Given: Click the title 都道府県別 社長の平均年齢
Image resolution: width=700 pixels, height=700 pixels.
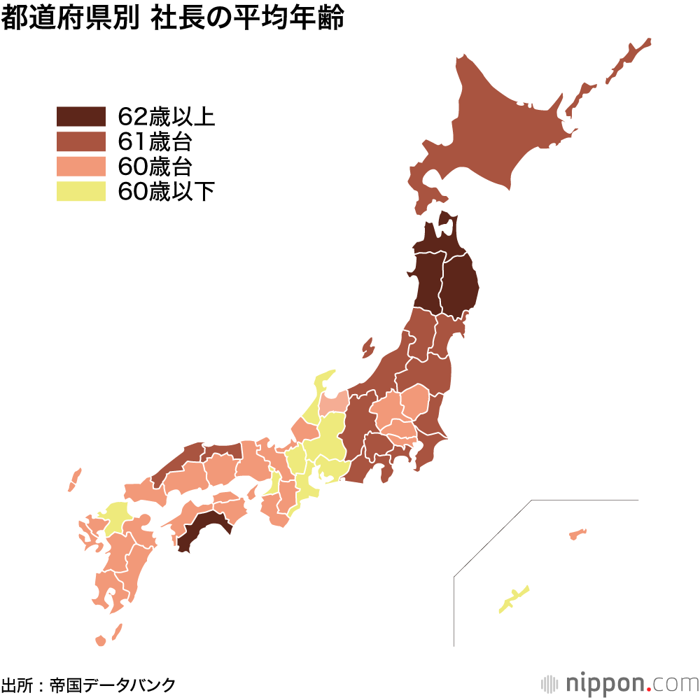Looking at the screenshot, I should tap(173, 19).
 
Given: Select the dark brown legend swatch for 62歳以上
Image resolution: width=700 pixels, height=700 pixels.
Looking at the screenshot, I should tap(80, 116).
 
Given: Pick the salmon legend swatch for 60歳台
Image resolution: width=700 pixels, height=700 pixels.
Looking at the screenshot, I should tap(80, 167).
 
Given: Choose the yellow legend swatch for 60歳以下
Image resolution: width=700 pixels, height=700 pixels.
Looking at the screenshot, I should tap(80, 191).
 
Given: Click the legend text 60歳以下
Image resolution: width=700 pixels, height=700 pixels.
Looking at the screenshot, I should tap(166, 191).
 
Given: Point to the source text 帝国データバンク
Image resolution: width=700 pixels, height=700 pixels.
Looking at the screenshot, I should tap(112, 684).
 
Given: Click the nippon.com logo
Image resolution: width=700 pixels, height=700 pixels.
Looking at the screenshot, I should tap(619, 682).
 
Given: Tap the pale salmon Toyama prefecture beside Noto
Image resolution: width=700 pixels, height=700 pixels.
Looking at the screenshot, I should tap(335, 403).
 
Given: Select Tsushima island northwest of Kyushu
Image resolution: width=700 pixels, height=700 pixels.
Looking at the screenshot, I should tap(74, 480).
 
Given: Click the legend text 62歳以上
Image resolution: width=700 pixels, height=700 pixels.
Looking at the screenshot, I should tap(166, 116).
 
